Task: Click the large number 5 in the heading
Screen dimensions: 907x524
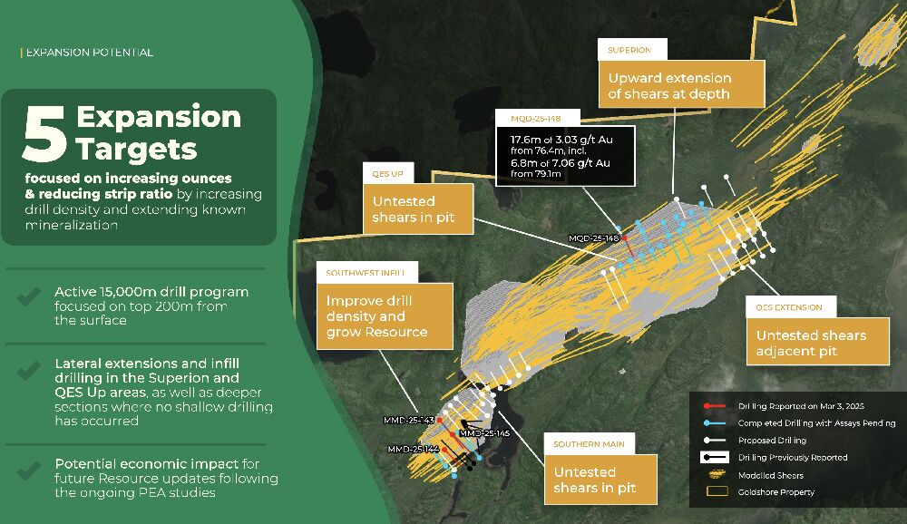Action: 44,133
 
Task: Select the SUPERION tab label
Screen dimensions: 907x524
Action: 629,51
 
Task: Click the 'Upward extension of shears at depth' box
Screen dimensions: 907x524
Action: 681,85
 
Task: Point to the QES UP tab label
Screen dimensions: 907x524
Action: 387,173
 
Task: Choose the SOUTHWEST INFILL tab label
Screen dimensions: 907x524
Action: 365,272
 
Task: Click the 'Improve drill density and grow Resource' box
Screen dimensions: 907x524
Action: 384,316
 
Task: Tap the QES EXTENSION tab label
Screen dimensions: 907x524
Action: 789,307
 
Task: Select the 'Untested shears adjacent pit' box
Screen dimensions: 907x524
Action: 817,343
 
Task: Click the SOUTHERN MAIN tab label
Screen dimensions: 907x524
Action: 589,444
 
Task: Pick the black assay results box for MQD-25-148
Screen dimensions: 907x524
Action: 566,156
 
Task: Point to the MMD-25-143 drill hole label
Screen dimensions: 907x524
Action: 409,420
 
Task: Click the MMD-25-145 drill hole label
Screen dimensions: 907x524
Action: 484,433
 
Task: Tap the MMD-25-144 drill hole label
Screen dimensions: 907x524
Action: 413,449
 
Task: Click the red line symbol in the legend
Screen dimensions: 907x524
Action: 715,406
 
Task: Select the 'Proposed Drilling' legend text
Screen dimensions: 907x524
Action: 772,440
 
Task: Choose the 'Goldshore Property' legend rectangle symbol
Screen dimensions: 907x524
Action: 717,491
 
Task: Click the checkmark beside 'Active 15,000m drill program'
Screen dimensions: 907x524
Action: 28,296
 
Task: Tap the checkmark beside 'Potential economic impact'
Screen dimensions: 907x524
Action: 28,471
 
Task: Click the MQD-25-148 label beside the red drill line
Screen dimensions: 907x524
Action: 593,238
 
